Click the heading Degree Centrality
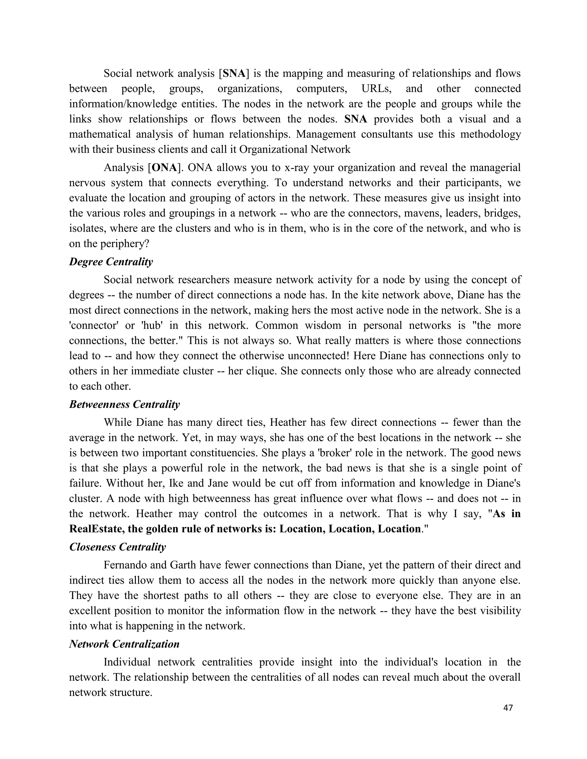click(x=111, y=262)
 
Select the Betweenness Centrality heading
click(x=124, y=404)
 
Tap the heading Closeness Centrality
click(x=118, y=547)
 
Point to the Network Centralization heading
click(x=124, y=644)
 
